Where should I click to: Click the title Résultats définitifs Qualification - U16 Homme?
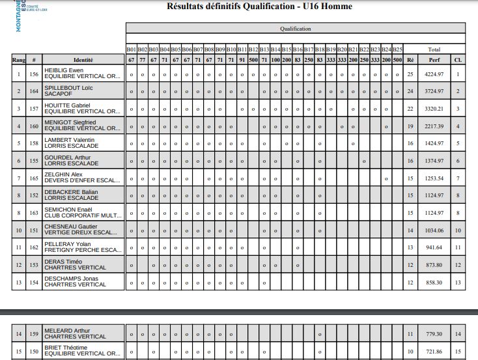point(259,7)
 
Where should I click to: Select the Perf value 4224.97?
point(434,75)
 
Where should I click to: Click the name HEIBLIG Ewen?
point(64,70)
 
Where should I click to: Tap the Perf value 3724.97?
point(434,92)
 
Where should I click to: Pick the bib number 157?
point(34,109)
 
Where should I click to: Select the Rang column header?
point(19,60)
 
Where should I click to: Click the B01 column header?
point(132,49)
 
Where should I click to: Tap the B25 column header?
point(398,49)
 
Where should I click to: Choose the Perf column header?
point(434,60)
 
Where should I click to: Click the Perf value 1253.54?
point(434,178)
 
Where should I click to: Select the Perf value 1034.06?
point(434,230)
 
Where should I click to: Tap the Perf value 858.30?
point(434,283)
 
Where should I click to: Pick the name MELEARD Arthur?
point(67,331)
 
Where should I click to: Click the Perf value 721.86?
point(434,352)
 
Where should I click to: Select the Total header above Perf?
point(434,49)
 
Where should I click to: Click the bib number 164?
point(34,92)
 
